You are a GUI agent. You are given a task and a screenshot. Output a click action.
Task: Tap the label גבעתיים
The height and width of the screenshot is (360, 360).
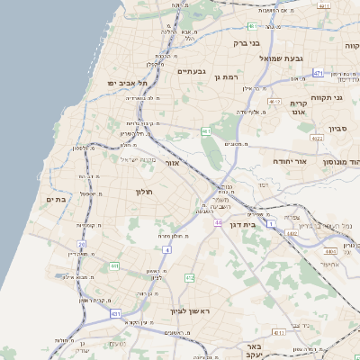click(193, 71)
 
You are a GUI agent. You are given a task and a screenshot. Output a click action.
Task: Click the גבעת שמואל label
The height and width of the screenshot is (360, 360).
click(293, 58)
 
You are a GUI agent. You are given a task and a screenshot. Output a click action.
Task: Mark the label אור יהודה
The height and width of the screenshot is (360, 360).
click(290, 161)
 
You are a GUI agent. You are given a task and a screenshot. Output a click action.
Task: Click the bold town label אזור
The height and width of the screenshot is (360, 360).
click(175, 163)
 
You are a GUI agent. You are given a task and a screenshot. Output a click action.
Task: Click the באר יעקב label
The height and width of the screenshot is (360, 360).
click(257, 350)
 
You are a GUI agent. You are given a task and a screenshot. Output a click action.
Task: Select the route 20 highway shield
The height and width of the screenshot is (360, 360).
click(82, 243)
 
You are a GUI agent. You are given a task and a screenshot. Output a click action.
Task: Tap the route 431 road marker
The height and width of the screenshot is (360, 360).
click(115, 313)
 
